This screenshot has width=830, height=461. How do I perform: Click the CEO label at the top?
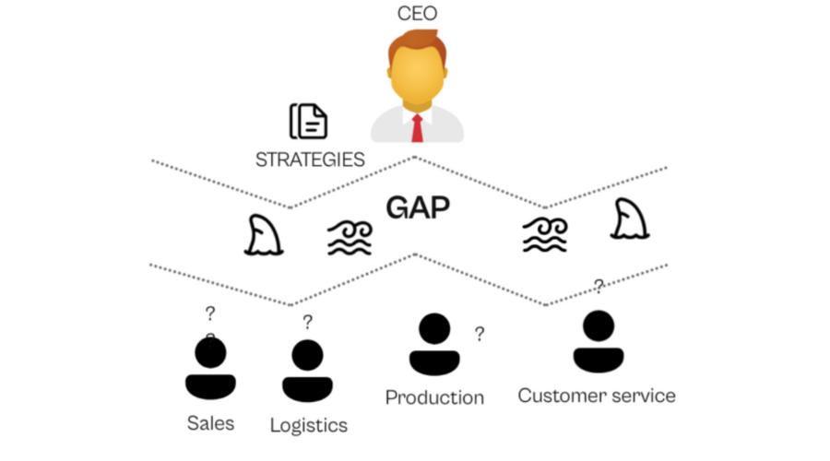[x=416, y=13]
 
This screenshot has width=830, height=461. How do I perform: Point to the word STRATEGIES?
[x=309, y=159]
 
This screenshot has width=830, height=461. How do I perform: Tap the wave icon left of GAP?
[x=350, y=238]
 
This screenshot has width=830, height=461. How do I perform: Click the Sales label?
[x=210, y=423]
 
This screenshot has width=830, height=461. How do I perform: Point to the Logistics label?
[x=309, y=425]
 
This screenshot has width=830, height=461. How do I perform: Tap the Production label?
[x=434, y=397]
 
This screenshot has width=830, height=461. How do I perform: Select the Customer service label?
[x=597, y=396]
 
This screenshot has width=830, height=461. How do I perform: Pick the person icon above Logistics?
[x=307, y=372]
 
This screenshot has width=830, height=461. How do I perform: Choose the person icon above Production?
[x=434, y=345]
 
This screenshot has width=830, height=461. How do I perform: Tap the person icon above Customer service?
[x=599, y=341]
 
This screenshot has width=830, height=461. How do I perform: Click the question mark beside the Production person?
[x=480, y=334]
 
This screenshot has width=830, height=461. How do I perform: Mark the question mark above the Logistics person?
[x=307, y=322]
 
